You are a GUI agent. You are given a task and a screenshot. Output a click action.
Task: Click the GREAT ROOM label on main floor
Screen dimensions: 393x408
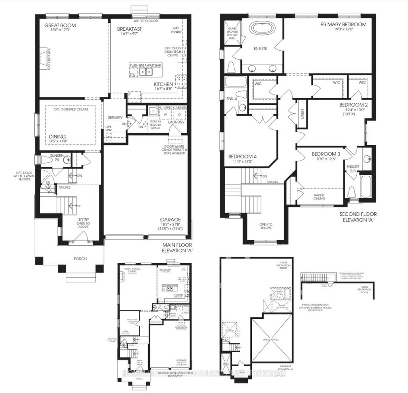click(x=60, y=26)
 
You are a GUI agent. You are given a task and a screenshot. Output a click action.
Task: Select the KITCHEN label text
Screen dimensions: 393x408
click(x=163, y=85)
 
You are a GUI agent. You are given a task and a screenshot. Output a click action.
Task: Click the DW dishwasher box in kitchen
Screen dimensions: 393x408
click(x=133, y=74)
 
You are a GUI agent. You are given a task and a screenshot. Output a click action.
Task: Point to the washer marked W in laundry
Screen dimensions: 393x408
click(x=165, y=115)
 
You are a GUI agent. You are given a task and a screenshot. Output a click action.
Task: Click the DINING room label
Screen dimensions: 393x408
click(x=58, y=136)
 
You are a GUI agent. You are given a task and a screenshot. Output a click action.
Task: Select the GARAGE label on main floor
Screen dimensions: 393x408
click(x=171, y=220)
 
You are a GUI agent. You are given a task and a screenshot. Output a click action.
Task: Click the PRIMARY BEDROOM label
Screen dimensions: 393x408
click(x=343, y=24)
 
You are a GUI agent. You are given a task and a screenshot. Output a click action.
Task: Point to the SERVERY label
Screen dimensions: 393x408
click(x=115, y=118)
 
